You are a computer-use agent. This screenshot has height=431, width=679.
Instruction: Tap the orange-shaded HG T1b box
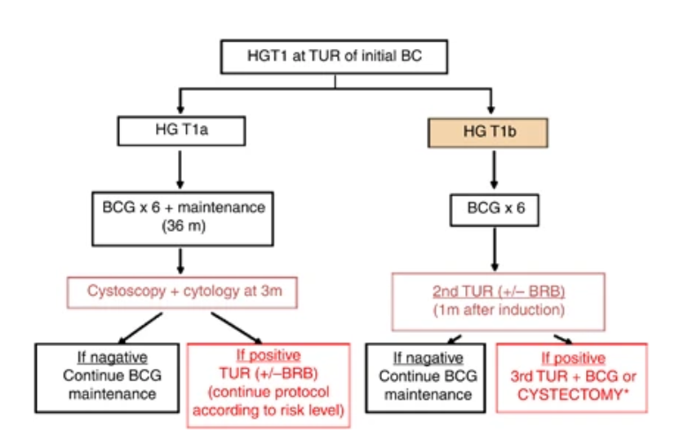[489, 131]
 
